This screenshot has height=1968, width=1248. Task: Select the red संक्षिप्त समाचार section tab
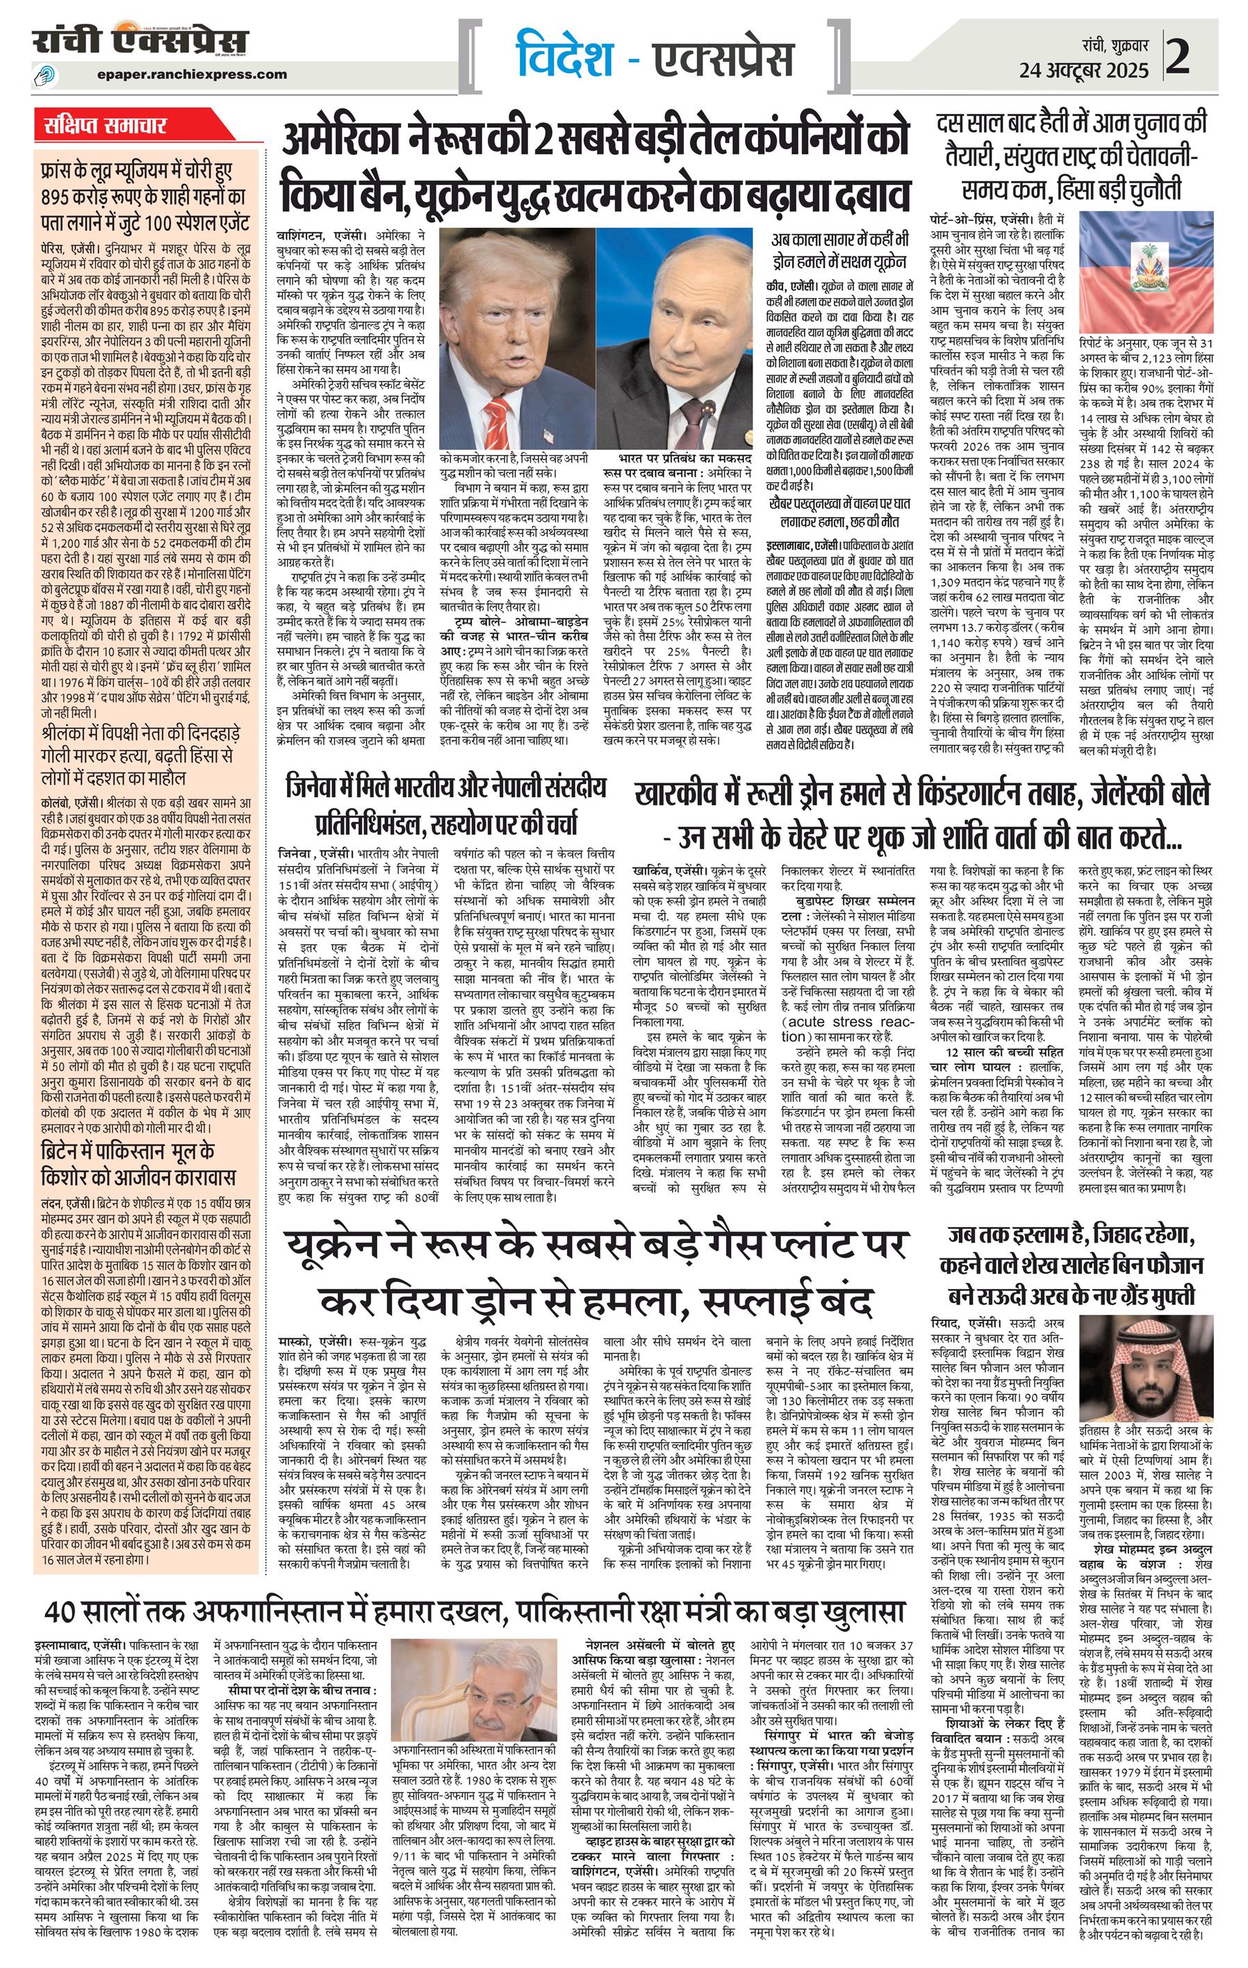click(x=106, y=126)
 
